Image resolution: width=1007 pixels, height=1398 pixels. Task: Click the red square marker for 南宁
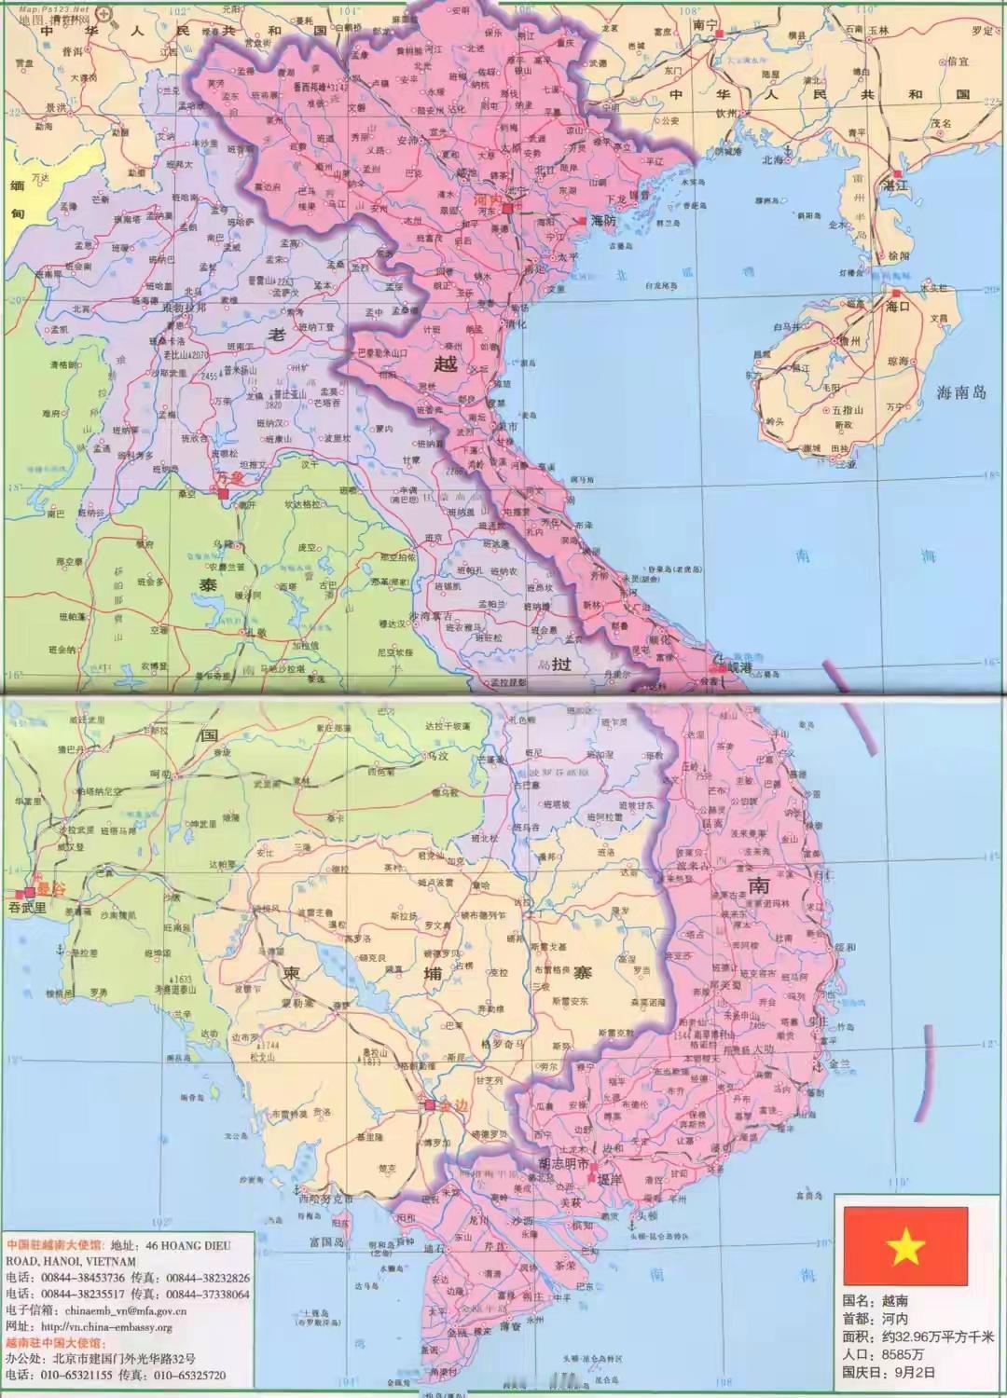[x=719, y=32]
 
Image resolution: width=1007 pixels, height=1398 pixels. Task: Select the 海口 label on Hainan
[x=897, y=307]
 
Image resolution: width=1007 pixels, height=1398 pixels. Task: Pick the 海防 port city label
[x=603, y=221]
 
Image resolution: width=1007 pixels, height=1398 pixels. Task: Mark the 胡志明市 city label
[x=564, y=1164]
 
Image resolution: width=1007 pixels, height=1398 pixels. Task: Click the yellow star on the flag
[x=905, y=1246]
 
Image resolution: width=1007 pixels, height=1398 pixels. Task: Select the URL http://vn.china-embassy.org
[x=111, y=1327]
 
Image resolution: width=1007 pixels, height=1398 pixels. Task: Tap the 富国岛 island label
[x=327, y=1241]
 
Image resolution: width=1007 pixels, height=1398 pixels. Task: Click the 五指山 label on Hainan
[x=848, y=409]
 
